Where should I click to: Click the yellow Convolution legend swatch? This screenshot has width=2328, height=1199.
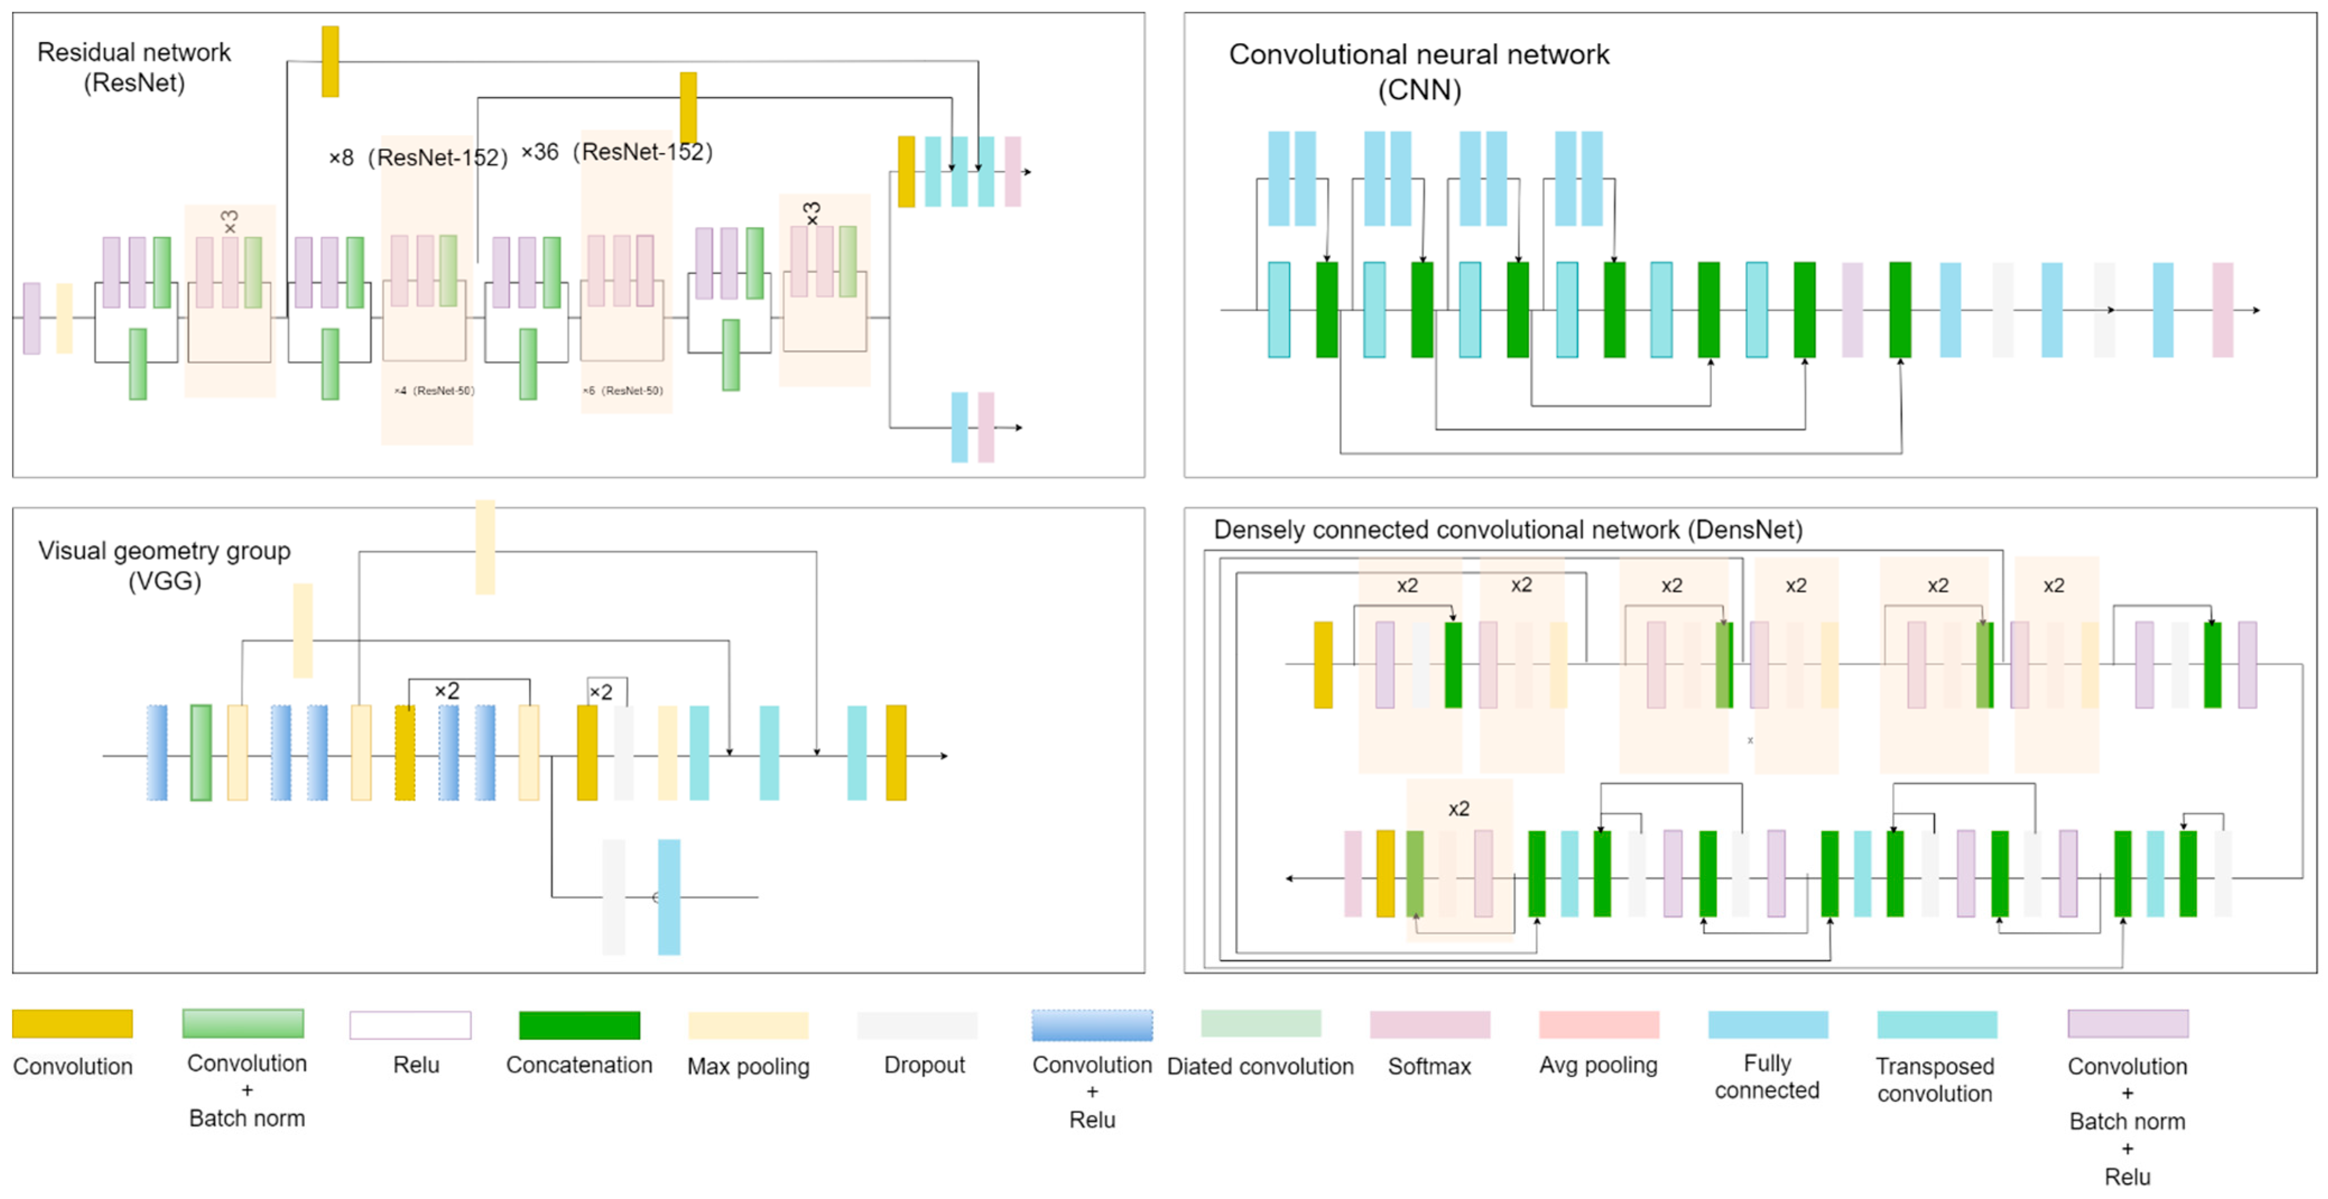72,1024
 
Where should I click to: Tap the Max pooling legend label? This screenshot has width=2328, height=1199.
748,1066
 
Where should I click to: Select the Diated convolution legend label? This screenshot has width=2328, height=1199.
1260,1066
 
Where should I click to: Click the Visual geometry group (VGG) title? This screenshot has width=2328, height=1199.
164,566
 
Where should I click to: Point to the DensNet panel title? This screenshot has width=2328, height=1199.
1507,530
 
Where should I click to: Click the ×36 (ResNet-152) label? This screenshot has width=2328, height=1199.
617,152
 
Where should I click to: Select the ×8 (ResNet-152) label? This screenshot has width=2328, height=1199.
418,157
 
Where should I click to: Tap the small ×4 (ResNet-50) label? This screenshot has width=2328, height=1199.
434,390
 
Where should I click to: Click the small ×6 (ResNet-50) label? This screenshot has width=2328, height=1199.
623,390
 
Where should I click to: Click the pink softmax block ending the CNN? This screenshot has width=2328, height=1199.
2222,310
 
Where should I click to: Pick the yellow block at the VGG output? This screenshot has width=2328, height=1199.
896,753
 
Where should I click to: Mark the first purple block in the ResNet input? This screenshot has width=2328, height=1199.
31,318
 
